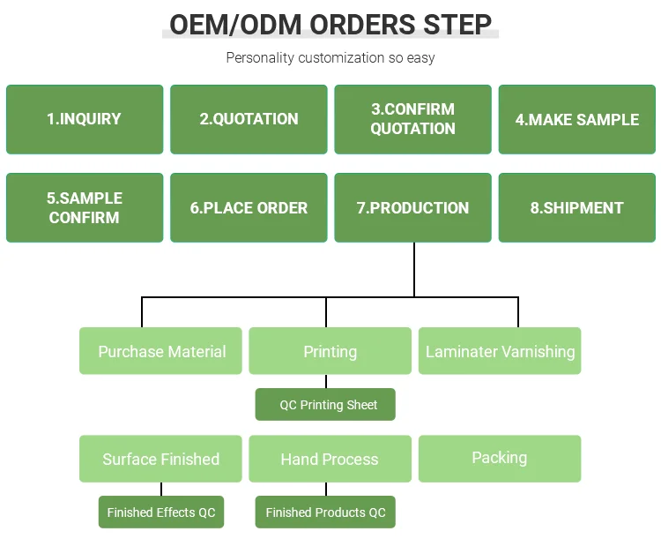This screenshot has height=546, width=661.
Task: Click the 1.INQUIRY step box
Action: (85, 119)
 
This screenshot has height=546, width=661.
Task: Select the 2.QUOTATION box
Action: (249, 119)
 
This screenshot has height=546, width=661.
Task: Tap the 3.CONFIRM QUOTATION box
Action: (412, 119)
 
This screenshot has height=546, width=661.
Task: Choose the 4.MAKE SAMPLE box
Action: (577, 119)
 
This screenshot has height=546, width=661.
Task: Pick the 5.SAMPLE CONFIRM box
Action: (85, 207)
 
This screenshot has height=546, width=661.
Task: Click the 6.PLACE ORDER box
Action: (249, 207)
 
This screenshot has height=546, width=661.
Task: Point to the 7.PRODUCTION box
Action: (412, 207)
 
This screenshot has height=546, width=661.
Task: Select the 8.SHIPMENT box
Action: (577, 207)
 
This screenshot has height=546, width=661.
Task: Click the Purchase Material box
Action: (160, 351)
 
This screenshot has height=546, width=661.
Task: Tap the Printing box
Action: (330, 351)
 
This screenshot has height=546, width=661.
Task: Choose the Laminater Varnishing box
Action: (500, 351)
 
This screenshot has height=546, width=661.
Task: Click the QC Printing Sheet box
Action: (325, 404)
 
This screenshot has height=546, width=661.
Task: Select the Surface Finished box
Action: (160, 459)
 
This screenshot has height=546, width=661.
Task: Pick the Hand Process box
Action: (330, 459)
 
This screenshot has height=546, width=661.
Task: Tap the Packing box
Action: (500, 459)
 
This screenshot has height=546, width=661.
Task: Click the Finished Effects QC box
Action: (161, 512)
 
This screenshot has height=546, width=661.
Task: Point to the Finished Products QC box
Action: (325, 512)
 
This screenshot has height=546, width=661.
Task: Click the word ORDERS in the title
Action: (363, 25)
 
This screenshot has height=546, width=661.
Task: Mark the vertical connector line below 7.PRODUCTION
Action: (414, 270)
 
